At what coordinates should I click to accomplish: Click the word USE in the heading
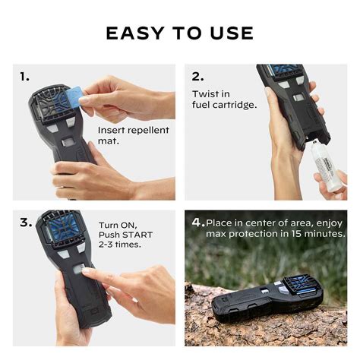pyautogui.click(x=231, y=33)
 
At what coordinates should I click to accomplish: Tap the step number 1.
pyautogui.click(x=24, y=77)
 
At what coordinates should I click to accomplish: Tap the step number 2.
pyautogui.click(x=197, y=77)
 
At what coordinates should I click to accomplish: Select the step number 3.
pyautogui.click(x=26, y=223)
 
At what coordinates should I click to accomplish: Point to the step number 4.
pyautogui.click(x=197, y=223)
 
